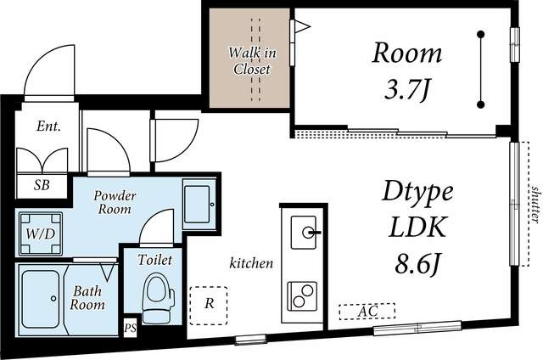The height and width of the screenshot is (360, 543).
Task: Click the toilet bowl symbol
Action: [159, 298]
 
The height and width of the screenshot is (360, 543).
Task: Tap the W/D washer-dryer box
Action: [41, 233]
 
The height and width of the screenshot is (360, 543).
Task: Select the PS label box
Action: [130, 328]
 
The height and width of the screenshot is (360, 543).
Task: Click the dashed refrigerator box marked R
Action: [209, 306]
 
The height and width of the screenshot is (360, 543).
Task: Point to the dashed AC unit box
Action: [367, 311]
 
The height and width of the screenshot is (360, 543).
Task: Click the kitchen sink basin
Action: [304, 233]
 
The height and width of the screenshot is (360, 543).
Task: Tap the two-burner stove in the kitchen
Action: [302, 295]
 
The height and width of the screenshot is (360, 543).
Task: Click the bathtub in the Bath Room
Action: [40, 299]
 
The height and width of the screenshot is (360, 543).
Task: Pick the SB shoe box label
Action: [42, 185]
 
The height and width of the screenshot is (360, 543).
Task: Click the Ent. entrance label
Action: [49, 127]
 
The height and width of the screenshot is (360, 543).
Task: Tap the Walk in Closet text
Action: [252, 61]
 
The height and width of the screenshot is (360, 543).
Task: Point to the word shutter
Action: [535, 204]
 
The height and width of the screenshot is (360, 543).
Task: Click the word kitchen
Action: [251, 263]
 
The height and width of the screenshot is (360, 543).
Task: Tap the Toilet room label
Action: [154, 260]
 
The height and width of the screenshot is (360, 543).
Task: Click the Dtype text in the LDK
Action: [417, 192]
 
